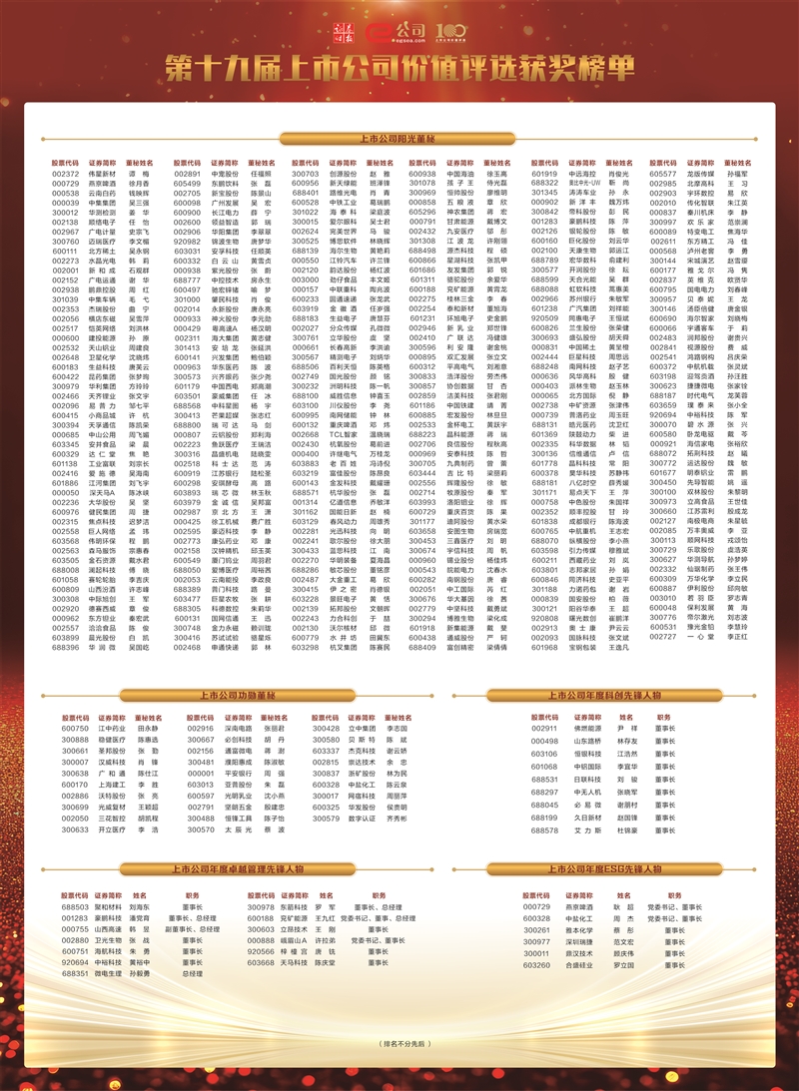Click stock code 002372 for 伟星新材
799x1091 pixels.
click(x=65, y=174)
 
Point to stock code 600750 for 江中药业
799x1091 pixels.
click(x=75, y=729)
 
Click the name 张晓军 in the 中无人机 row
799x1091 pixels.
click(x=627, y=793)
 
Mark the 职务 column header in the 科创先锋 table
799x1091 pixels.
click(x=664, y=716)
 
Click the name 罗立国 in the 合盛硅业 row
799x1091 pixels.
click(x=623, y=965)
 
